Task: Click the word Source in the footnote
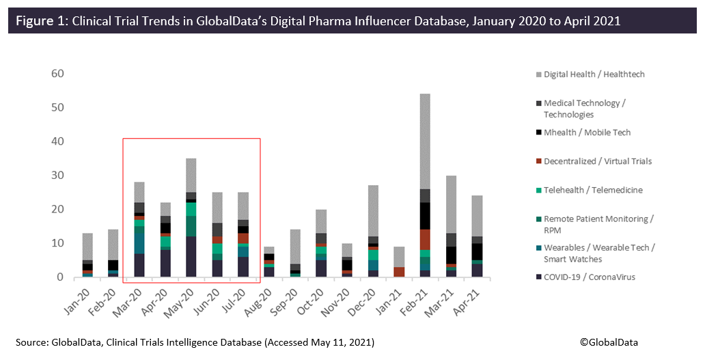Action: click(31, 342)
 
